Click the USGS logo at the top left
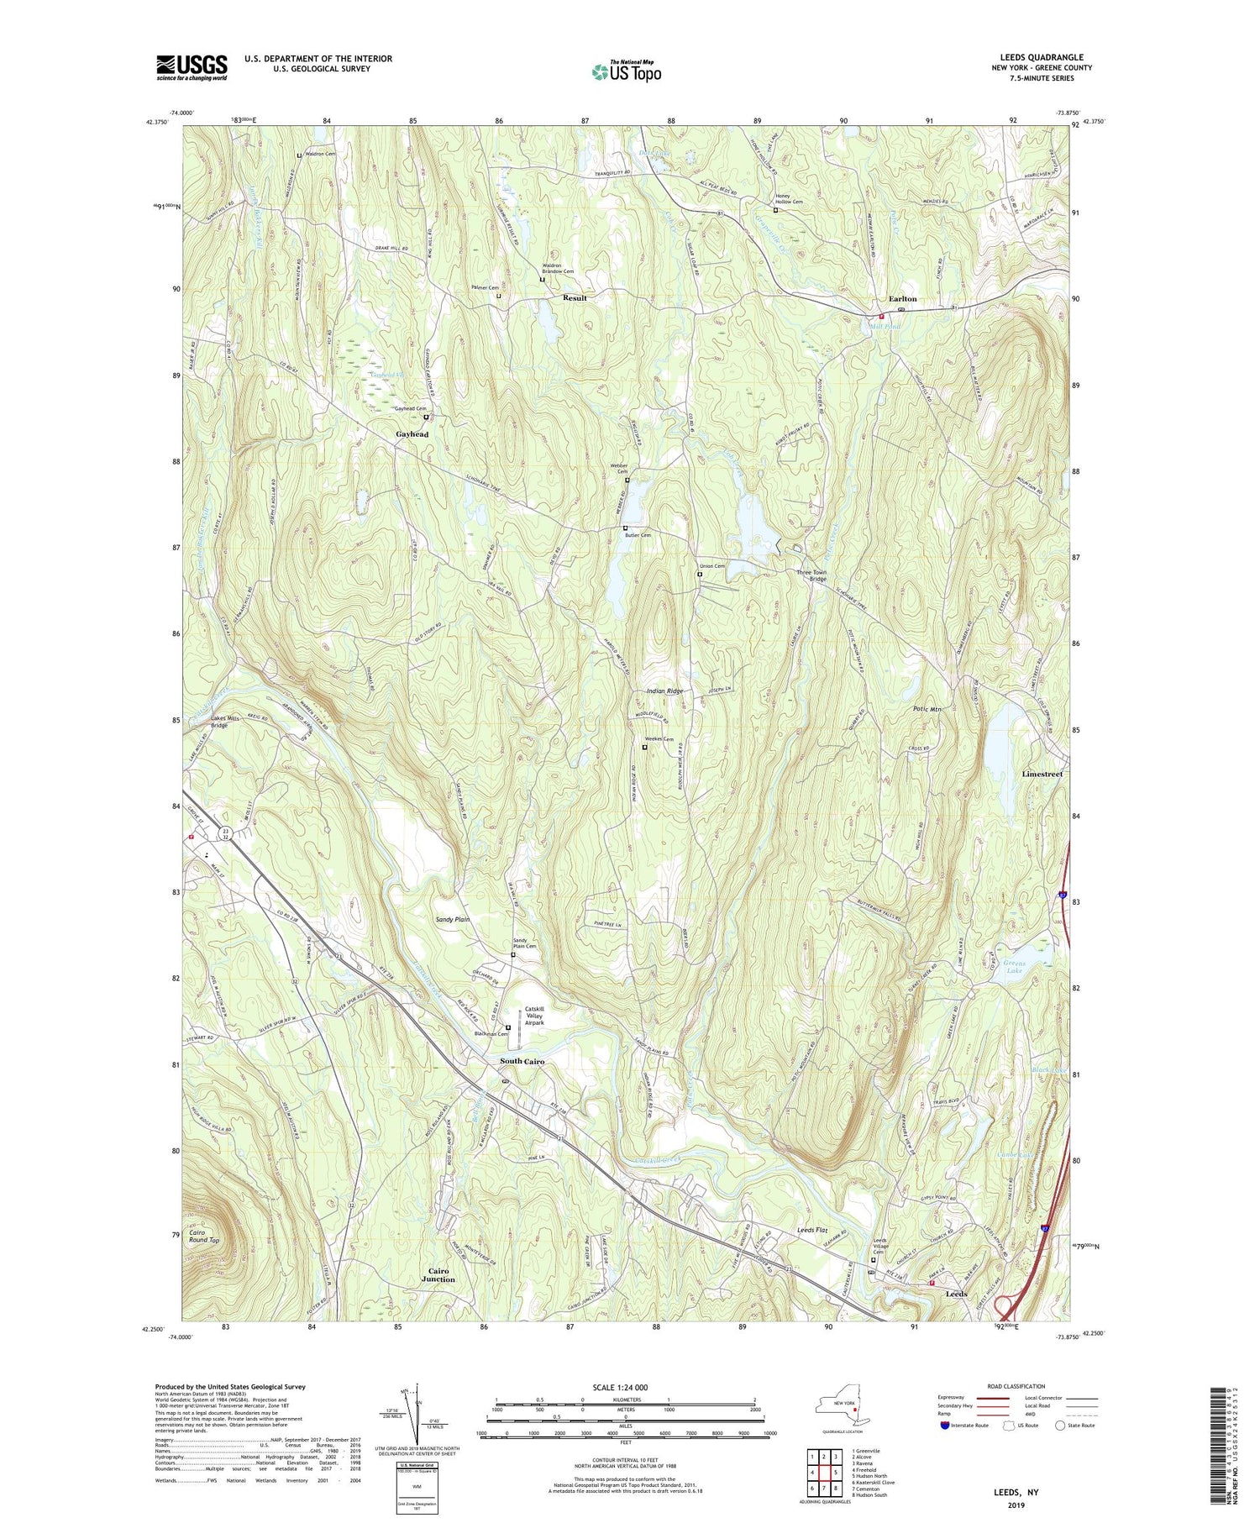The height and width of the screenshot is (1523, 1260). click(192, 67)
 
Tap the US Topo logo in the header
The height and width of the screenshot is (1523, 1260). click(626, 72)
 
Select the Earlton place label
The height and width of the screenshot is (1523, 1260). click(903, 299)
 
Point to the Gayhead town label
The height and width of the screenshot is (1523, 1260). click(412, 434)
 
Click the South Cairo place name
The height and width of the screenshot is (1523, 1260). click(522, 1062)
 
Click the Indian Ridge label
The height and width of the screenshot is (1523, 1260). click(664, 691)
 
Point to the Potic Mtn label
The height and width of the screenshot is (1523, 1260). click(927, 710)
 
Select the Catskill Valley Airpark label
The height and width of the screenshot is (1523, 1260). click(535, 1016)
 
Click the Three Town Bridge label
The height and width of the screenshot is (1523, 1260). click(811, 575)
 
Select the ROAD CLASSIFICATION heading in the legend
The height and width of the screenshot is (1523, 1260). click(1016, 1386)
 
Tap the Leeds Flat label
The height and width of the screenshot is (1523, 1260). click(812, 1231)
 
